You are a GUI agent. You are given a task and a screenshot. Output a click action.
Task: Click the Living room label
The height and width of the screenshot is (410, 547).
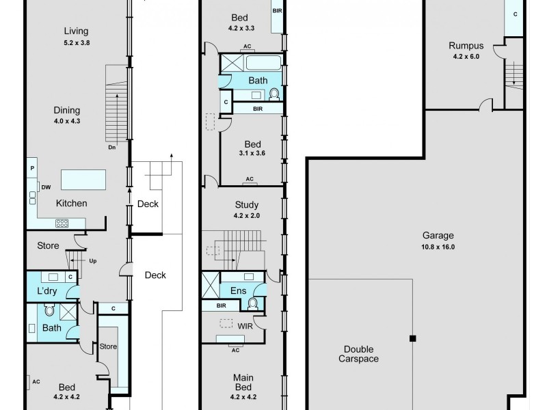pos(76,31)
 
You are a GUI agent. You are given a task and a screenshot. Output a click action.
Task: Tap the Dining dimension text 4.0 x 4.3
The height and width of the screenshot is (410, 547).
pos(66,121)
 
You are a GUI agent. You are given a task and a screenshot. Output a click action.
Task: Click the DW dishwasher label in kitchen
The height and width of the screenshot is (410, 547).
pos(46,187)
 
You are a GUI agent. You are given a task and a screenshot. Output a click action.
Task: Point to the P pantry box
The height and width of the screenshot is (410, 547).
pos(32,167)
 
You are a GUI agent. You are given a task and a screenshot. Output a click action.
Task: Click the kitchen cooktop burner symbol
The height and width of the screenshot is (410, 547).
pos(62,222)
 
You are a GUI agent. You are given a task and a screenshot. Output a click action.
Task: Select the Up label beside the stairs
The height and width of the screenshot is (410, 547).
pos(93,260)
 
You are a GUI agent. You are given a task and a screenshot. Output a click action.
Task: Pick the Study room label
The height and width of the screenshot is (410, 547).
pos(247,204)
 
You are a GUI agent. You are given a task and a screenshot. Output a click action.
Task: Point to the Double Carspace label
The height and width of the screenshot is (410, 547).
pos(359,353)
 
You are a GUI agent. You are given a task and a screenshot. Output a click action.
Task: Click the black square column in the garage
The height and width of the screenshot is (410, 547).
pos(412,338)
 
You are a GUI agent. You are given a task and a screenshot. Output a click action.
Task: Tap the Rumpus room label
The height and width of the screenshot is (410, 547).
pos(466,46)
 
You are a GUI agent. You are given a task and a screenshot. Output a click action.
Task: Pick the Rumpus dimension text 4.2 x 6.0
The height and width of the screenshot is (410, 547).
pos(466,57)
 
